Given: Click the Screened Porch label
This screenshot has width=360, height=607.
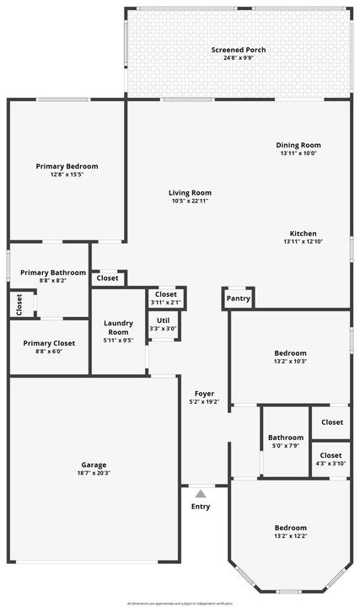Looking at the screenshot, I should click(238, 50).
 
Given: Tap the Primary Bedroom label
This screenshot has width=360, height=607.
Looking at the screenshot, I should click(67, 166).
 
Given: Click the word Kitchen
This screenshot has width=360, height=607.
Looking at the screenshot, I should click(303, 234).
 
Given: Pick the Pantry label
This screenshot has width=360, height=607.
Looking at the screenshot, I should click(239, 298).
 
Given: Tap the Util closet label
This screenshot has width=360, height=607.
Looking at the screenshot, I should click(164, 320).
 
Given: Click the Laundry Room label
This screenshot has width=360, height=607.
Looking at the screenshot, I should click(117, 327).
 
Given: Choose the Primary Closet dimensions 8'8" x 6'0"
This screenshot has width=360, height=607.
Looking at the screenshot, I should click(48, 352).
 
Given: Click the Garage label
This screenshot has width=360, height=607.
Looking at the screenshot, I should click(93, 465).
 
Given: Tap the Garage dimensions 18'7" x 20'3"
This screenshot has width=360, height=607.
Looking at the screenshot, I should click(93, 473).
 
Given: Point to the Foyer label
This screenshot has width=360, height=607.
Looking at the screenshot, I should click(204, 394).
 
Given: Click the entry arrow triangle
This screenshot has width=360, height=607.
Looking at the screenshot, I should click(200, 493).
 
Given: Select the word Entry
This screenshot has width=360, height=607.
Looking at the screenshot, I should click(201, 507).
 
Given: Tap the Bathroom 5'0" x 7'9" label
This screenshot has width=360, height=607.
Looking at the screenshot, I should click(286, 438).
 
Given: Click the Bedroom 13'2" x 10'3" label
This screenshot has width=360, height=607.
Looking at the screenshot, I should click(290, 352).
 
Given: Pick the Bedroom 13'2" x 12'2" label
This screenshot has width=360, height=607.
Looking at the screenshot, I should click(290, 528).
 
